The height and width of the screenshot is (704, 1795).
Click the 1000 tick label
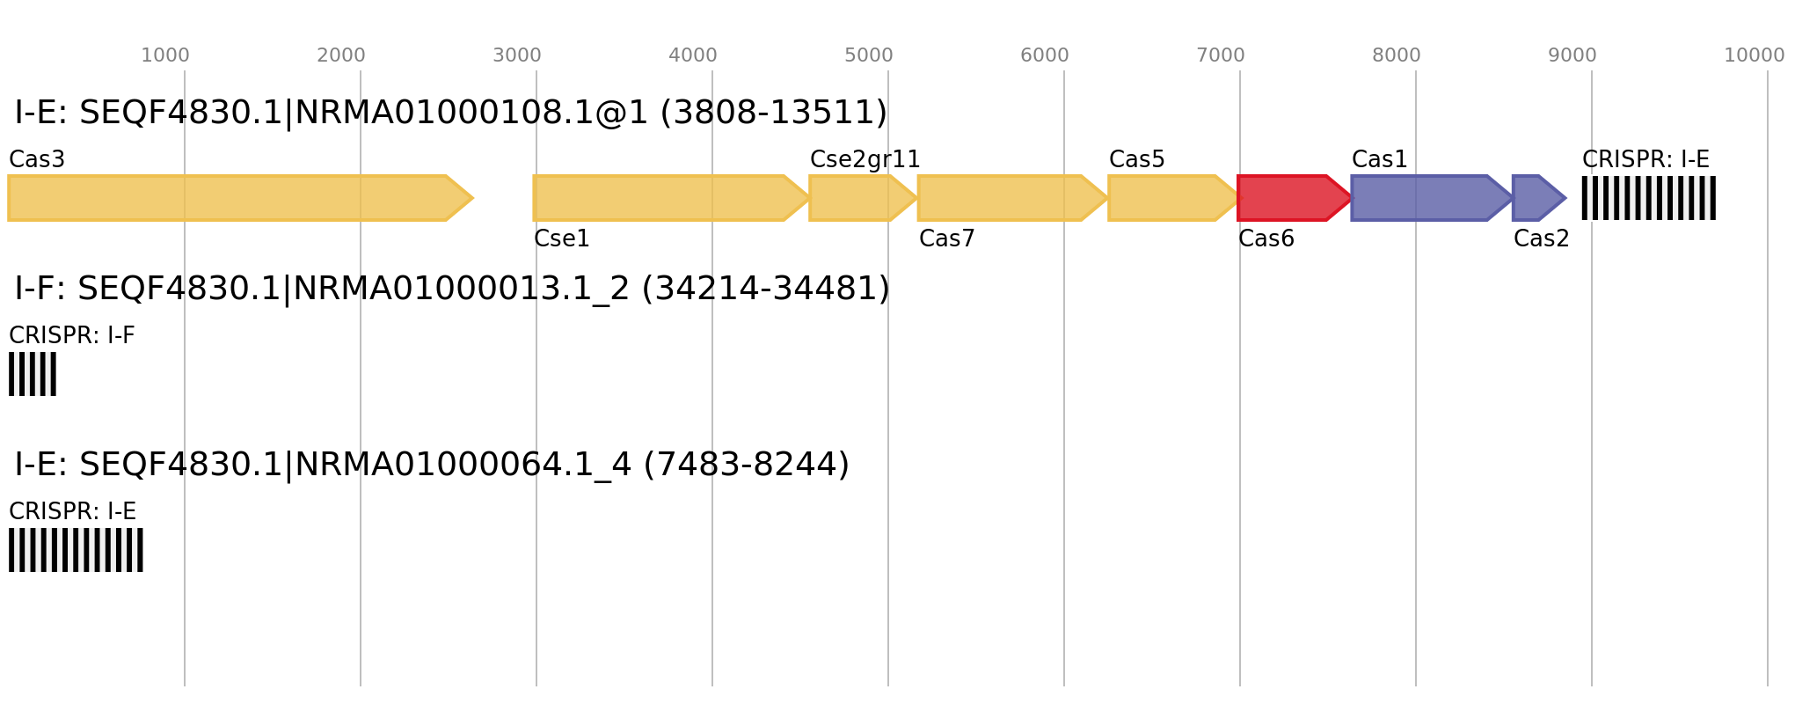pos(165,55)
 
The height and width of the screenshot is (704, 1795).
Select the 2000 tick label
pos(341,55)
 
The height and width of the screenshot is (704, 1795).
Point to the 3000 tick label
pos(517,55)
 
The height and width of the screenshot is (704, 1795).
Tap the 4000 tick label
pos(693,55)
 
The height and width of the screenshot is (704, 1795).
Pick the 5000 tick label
pos(869,55)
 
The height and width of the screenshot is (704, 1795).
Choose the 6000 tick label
pos(1045,55)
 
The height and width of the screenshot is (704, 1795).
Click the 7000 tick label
pos(1221,55)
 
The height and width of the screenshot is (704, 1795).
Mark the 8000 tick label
pos(1397,55)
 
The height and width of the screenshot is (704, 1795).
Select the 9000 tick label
pos(1572,55)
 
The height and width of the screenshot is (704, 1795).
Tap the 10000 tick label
pos(1754,55)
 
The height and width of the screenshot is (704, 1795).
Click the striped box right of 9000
pos(1648,198)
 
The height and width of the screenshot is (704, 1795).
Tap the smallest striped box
pos(33,374)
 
